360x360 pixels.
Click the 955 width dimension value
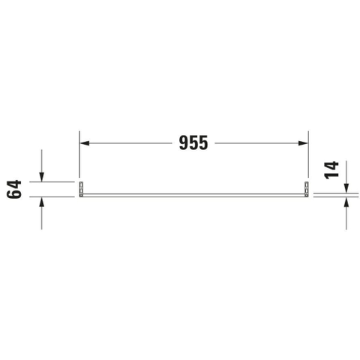[x=193, y=143]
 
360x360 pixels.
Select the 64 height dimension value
[x=14, y=189]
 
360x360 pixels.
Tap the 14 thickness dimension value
[x=331, y=170]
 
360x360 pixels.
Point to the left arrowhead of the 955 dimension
[x=85, y=143]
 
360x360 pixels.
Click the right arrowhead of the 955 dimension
[x=303, y=143]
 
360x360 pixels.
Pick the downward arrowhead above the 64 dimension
[x=41, y=177]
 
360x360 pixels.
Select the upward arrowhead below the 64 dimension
[x=41, y=202]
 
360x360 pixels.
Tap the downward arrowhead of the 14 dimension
[x=346, y=188]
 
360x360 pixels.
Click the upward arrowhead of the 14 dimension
[x=346, y=202]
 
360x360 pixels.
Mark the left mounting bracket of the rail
[x=81, y=189]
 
